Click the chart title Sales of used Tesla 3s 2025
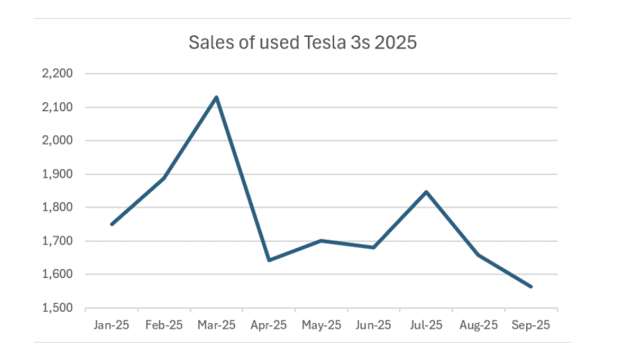click(x=302, y=42)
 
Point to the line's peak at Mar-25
click(x=217, y=97)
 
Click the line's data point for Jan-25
click(x=112, y=224)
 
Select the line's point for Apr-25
click(x=269, y=260)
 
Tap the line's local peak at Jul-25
click(x=426, y=192)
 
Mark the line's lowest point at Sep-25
click(x=531, y=286)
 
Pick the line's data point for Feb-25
click(x=164, y=178)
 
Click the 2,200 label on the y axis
click(x=68, y=74)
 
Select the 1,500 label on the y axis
click(x=68, y=309)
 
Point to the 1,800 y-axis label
click(x=68, y=208)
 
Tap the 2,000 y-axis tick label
click(x=68, y=140)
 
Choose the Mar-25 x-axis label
click(x=217, y=325)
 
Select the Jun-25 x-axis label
click(x=374, y=325)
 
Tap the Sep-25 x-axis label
click(x=531, y=325)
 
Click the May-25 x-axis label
click(x=322, y=325)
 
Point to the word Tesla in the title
click(x=324, y=42)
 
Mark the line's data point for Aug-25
click(x=479, y=255)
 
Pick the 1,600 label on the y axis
click(x=68, y=275)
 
